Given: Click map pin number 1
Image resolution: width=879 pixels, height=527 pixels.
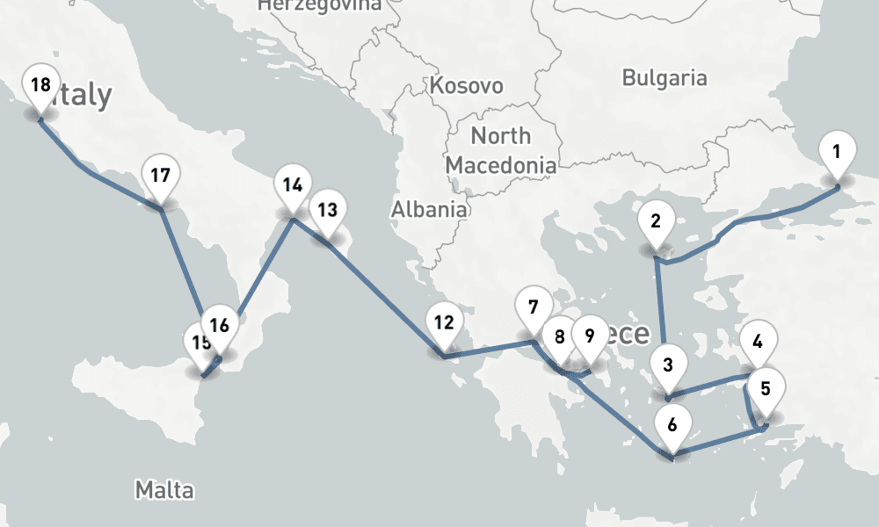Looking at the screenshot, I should [x=836, y=151].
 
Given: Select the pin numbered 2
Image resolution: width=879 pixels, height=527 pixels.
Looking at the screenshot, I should [x=655, y=220].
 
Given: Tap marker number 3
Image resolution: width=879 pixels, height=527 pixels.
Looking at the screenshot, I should [x=668, y=364].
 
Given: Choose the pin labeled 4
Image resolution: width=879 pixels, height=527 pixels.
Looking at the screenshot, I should [x=758, y=340].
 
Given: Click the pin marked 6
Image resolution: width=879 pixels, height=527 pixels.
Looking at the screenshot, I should [x=672, y=425].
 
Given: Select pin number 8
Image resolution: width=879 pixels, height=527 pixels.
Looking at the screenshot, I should [x=559, y=336].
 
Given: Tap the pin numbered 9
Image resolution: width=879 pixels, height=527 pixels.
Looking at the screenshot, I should [x=589, y=336].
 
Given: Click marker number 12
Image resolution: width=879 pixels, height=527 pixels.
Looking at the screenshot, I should [x=443, y=322].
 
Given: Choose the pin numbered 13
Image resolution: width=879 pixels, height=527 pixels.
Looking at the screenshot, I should [x=327, y=210].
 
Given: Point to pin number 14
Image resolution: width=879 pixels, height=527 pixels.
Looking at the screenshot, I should [x=293, y=185].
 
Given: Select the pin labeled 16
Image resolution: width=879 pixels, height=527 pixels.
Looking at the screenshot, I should [x=220, y=325].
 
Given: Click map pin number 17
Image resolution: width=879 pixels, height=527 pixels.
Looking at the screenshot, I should [x=160, y=175].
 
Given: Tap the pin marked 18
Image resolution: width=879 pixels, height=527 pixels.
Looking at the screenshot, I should [x=40, y=85].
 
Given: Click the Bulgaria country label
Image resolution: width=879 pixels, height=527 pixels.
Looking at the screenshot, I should [x=664, y=77].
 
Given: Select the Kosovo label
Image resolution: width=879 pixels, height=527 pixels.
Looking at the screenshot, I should [x=466, y=85].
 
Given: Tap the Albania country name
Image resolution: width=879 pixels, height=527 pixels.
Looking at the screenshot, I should [x=429, y=209].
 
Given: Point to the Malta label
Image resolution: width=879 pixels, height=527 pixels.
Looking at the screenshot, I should [x=164, y=489].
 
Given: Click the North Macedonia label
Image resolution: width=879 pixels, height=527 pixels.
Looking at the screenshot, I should [x=500, y=150].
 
